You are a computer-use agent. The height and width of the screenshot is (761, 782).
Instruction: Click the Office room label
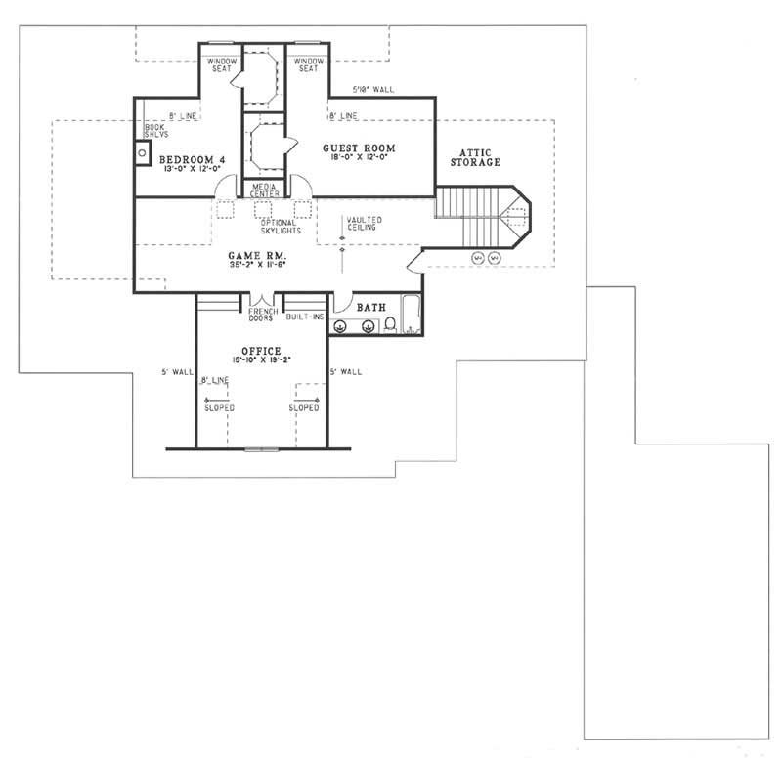pos(261,350)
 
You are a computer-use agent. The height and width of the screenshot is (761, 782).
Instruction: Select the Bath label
pos(370,307)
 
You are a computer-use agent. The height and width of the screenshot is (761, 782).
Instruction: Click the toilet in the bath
pos(389,324)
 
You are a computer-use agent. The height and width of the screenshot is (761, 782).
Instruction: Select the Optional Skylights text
pos(260,227)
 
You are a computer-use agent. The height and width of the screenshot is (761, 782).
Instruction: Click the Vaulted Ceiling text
pos(364,224)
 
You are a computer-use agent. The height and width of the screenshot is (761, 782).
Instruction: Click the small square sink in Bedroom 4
pos(142,151)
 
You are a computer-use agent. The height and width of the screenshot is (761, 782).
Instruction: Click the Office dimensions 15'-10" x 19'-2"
pos(262,360)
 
